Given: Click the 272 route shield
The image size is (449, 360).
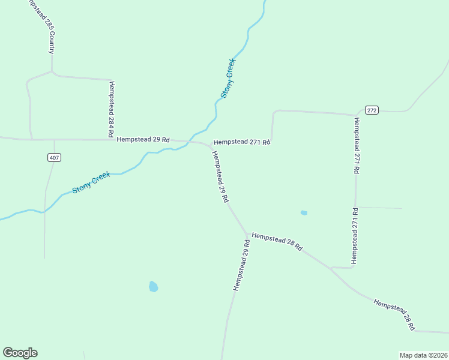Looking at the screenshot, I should click(x=372, y=110).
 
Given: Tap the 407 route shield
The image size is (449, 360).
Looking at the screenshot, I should click(x=55, y=157).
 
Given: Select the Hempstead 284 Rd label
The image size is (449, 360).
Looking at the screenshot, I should click(x=111, y=109).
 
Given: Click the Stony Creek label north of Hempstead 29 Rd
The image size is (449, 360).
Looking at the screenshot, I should click(x=228, y=79).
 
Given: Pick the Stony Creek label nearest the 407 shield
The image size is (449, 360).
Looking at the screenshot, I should click(x=91, y=182).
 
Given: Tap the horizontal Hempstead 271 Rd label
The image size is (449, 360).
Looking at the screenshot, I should click(x=243, y=142).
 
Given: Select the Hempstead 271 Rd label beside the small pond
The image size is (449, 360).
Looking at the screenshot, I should click(x=355, y=236).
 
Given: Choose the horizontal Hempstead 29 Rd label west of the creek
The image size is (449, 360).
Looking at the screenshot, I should click(x=143, y=139).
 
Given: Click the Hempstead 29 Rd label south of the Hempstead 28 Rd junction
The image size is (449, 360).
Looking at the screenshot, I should click(x=241, y=265).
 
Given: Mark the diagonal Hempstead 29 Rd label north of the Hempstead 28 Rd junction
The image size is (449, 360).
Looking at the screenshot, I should click(x=219, y=176).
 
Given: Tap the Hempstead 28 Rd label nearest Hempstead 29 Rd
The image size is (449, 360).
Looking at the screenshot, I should click(x=277, y=241).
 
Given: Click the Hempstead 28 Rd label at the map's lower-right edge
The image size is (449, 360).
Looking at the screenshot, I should click(x=394, y=315).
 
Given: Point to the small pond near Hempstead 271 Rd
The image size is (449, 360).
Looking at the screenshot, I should click(x=304, y=212).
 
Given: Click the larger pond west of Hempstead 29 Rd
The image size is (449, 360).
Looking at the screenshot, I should click(x=153, y=287).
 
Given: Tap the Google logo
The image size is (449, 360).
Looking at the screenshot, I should click(x=20, y=353).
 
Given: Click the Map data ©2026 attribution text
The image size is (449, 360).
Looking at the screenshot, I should click(x=423, y=355).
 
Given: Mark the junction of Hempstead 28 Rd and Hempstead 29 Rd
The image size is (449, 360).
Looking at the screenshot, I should click(x=247, y=233).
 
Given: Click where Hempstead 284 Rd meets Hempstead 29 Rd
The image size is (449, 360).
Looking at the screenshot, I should click(x=112, y=139).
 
